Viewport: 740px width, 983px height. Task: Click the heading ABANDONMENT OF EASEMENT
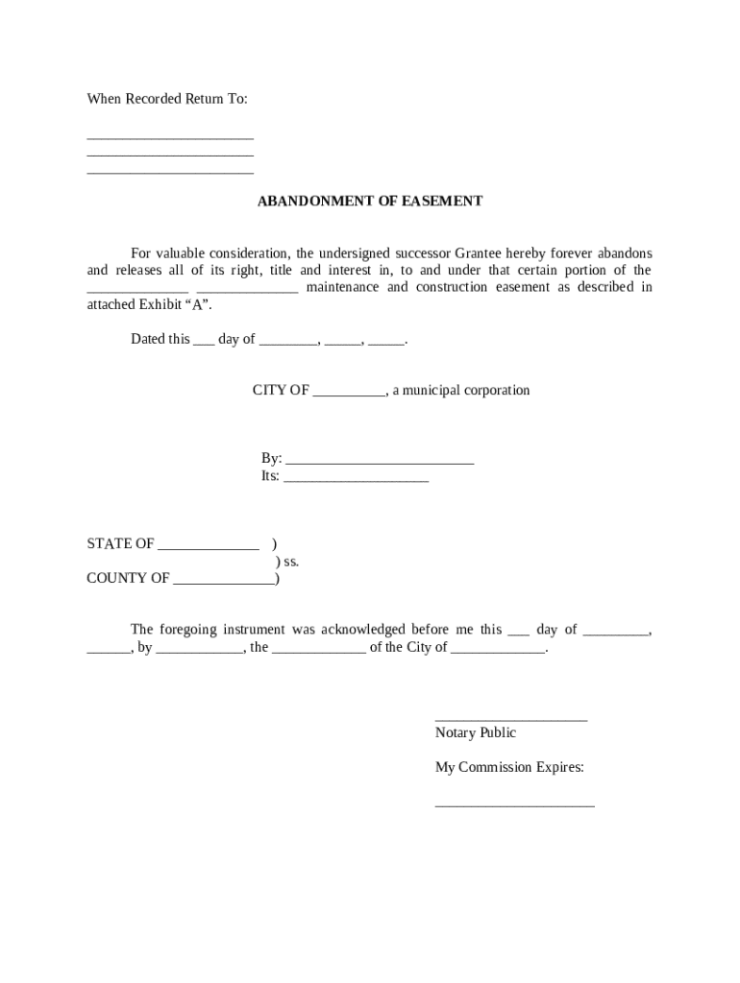[x=369, y=202]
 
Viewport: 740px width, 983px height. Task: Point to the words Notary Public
[x=475, y=733]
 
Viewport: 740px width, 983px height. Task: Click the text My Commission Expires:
[x=509, y=768]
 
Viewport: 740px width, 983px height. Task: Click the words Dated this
[x=160, y=340]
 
